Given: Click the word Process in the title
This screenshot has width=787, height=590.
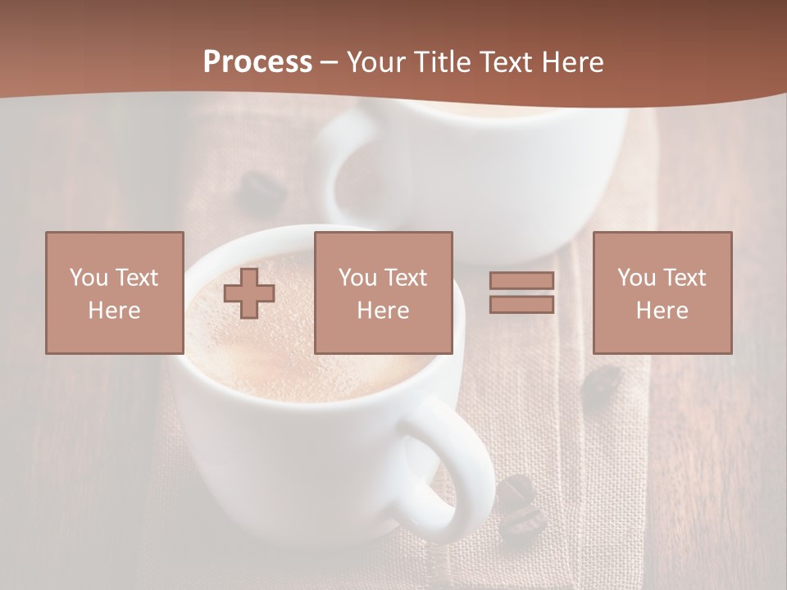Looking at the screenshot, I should tap(257, 62).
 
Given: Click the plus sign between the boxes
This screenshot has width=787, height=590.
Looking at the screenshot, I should tap(249, 293).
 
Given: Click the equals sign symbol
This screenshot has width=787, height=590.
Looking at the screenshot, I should tap(521, 293).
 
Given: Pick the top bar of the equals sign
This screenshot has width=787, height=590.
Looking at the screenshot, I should tap(521, 280).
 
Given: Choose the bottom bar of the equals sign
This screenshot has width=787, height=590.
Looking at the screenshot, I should tap(521, 305).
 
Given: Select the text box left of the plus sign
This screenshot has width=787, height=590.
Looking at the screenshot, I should tap(115, 293).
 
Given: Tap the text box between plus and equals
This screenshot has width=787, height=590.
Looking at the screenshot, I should tap(384, 293).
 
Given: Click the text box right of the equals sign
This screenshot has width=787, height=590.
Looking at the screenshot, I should tap(662, 293).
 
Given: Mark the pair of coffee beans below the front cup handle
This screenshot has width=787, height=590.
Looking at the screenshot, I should tap(518, 508).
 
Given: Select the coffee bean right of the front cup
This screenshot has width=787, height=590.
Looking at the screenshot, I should tap(603, 383).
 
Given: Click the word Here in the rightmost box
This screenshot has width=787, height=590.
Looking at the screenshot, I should tap(662, 311).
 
